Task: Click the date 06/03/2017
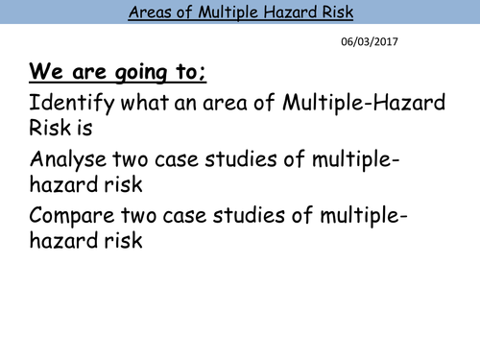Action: [x=370, y=41]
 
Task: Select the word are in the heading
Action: [x=82, y=74]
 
